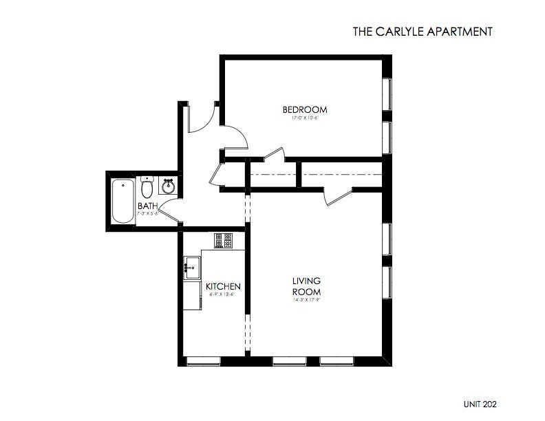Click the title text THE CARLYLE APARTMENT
click(421, 31)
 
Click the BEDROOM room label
click(305, 109)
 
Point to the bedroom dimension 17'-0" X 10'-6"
click(305, 118)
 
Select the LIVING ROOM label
click(307, 285)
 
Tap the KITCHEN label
click(223, 286)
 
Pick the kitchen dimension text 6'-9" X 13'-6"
click(223, 294)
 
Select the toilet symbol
click(147, 186)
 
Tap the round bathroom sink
click(167, 186)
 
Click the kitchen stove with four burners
click(224, 240)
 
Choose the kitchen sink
click(191, 266)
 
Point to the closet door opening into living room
click(337, 195)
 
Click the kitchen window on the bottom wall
click(204, 360)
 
